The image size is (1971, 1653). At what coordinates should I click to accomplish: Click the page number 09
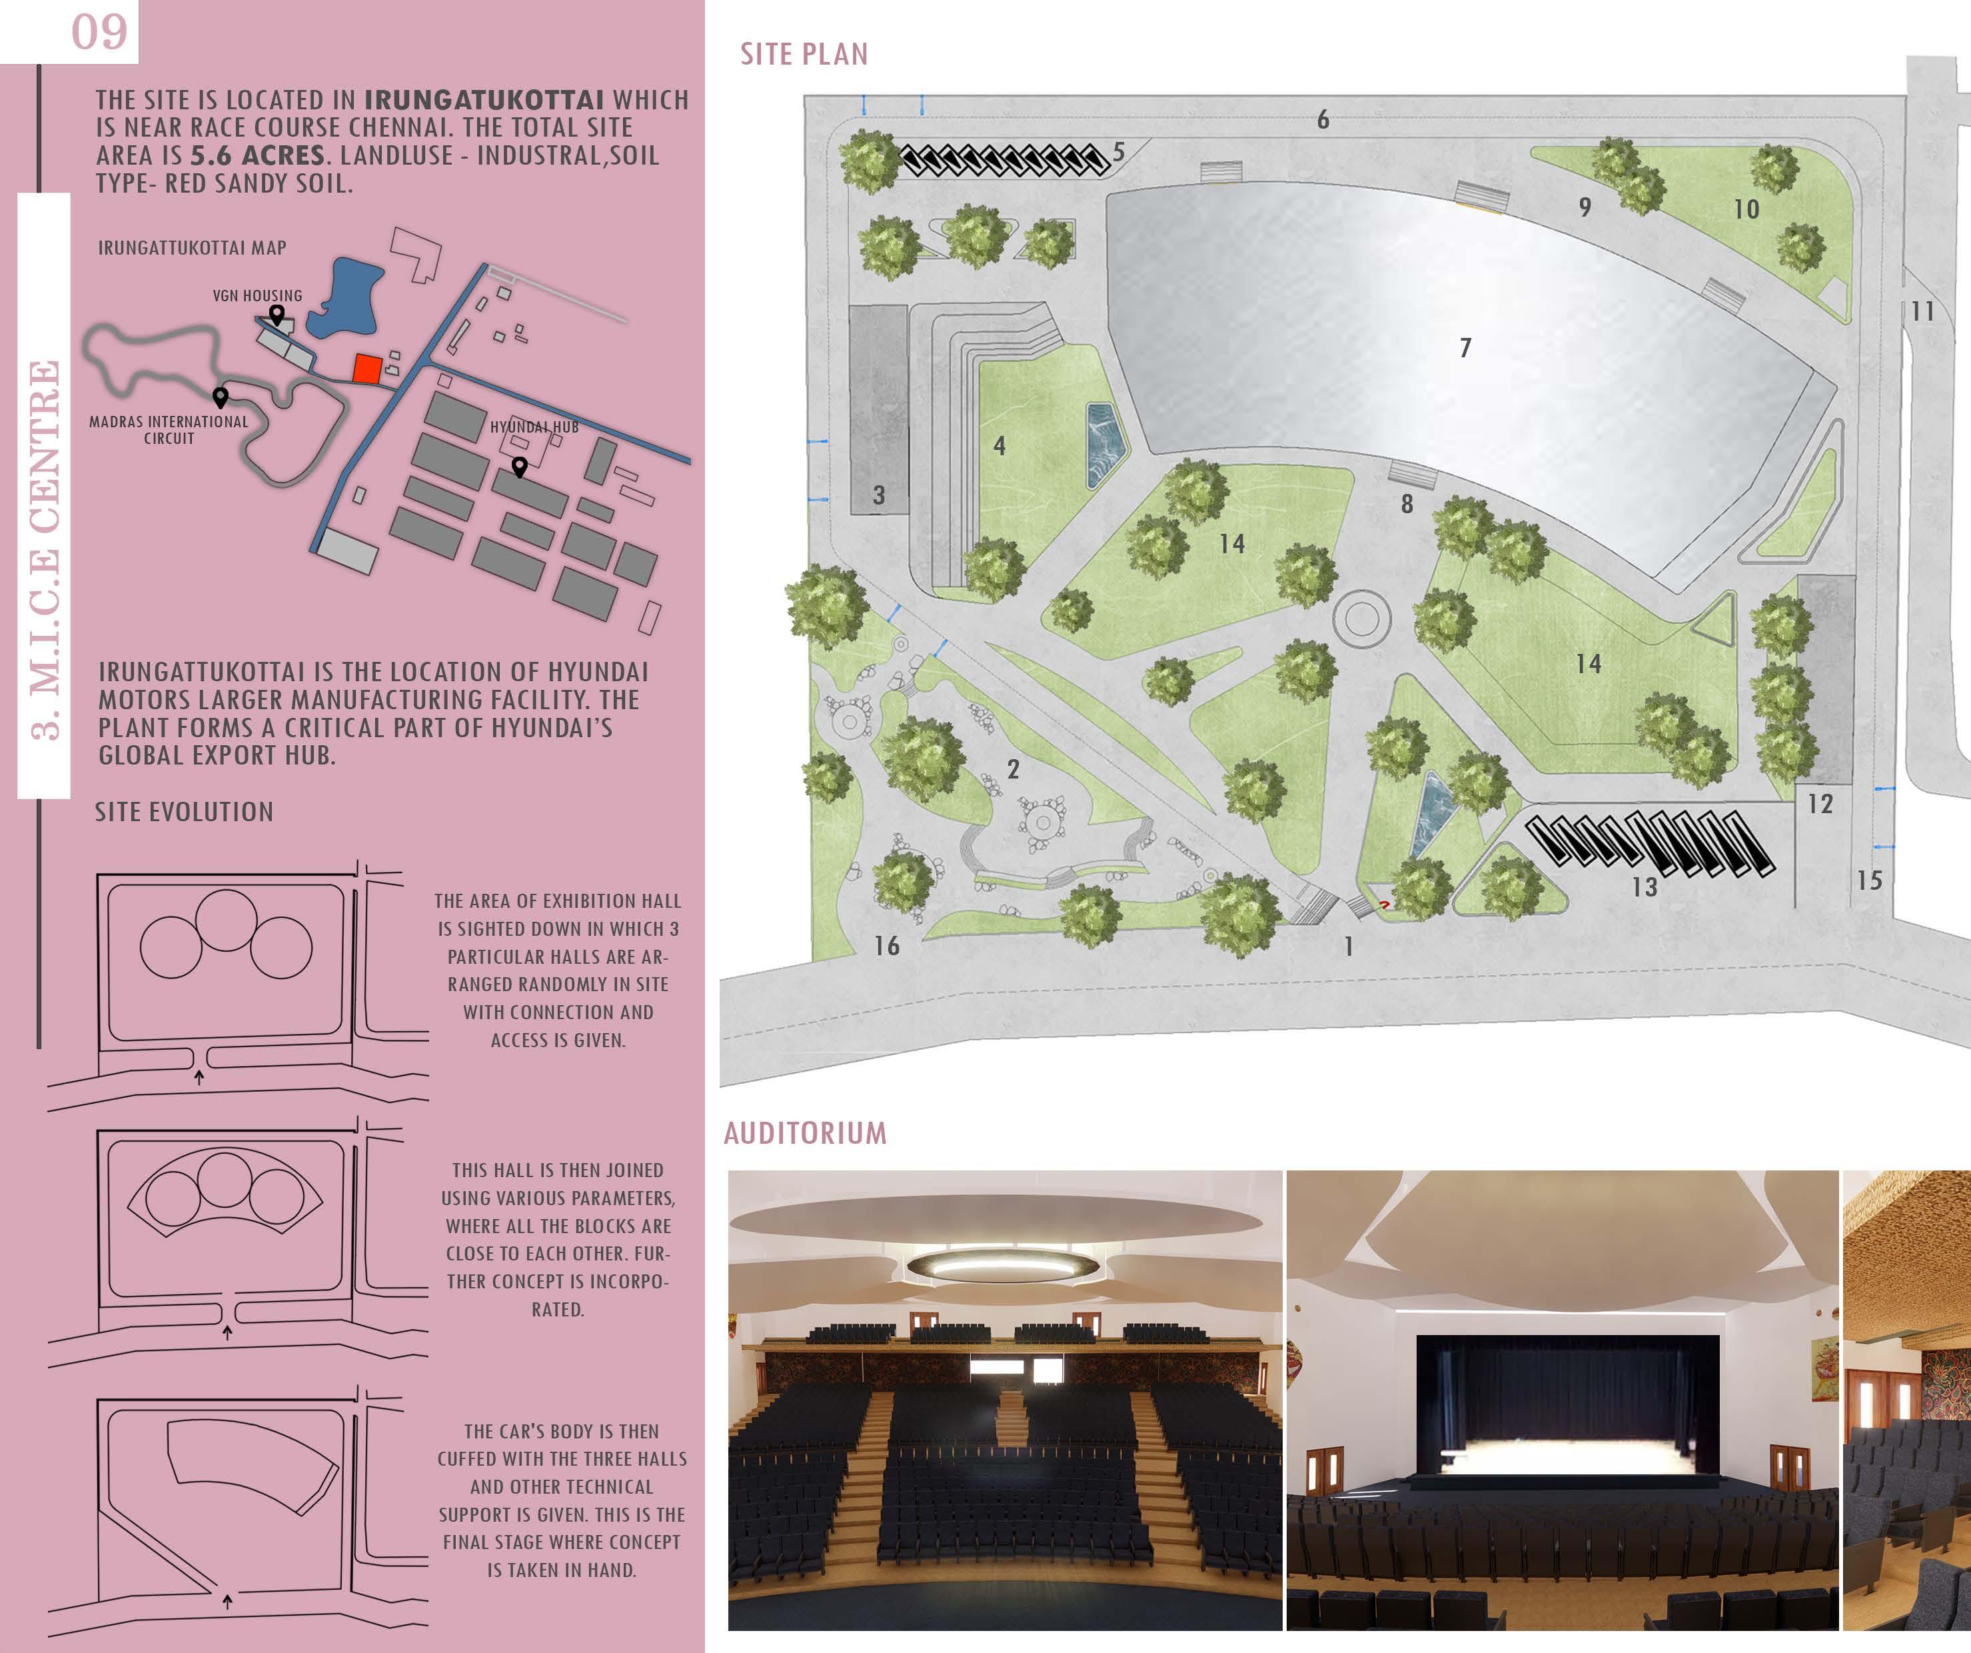pyautogui.click(x=99, y=32)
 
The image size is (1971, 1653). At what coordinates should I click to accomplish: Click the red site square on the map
pyautogui.click(x=367, y=369)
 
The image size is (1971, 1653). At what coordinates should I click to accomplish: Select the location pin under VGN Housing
pyautogui.click(x=277, y=315)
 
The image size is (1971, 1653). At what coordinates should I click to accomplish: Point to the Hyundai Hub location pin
pyautogui.click(x=519, y=467)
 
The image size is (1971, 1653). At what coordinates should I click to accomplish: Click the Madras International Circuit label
pyautogui.click(x=169, y=430)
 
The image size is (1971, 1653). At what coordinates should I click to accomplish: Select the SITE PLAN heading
pyautogui.click(x=804, y=55)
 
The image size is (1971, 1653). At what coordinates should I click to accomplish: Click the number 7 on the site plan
pyautogui.click(x=1465, y=348)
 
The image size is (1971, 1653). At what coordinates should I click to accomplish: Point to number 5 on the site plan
pyautogui.click(x=1119, y=151)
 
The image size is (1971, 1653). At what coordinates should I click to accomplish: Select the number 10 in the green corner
pyautogui.click(x=1746, y=209)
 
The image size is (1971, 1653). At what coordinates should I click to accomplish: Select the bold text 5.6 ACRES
pyautogui.click(x=258, y=156)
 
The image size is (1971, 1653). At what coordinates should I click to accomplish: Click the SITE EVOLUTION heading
pyautogui.click(x=184, y=812)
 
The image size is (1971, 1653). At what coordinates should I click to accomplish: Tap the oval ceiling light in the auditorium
pyautogui.click(x=1001, y=1264)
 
